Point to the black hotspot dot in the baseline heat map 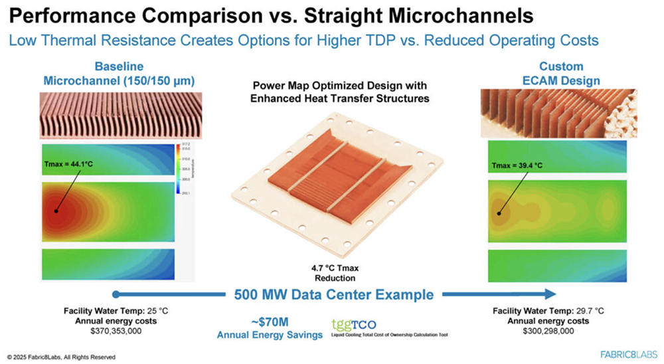(56, 212)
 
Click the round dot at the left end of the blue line (116, 294)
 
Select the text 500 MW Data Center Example (333, 294)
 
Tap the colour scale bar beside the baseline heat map (179, 169)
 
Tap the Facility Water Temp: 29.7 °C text (548, 310)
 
